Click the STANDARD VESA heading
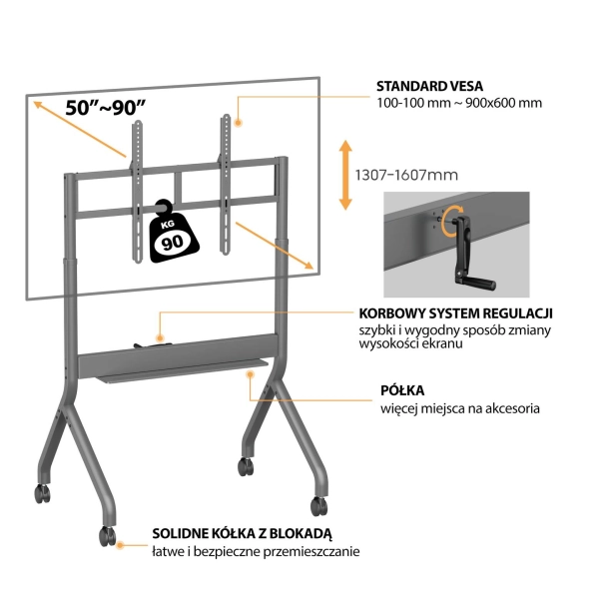coord(429,86)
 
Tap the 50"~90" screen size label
coord(106,108)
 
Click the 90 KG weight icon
coord(174,232)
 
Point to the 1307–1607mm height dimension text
coord(406,175)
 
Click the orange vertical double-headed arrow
coord(345,175)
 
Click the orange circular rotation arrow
coord(450,222)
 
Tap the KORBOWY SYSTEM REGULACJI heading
coord(455,313)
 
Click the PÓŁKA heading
coord(402,390)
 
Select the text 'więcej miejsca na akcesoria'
coord(460,408)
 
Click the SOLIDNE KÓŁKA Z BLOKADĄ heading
coord(242,533)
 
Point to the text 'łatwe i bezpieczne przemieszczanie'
coord(256,551)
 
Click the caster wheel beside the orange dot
coord(107,535)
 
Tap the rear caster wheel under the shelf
coord(246,466)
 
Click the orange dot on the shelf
coord(250,374)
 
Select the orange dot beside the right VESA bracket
coord(238,123)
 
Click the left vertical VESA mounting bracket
coord(138,192)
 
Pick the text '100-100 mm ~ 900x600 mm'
coord(459,103)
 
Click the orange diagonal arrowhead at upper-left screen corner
coord(38,105)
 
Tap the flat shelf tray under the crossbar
coord(182,369)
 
